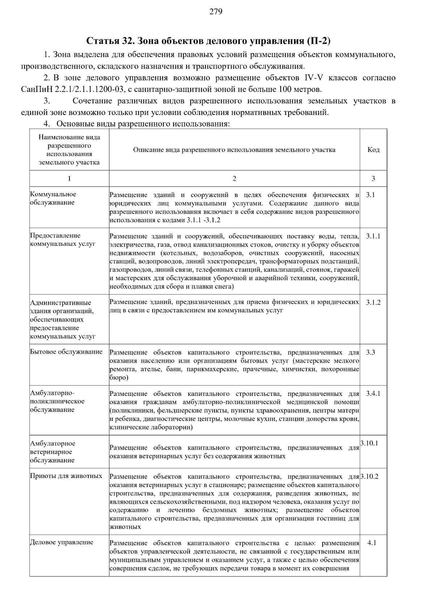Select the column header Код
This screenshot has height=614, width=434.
pyautogui.click(x=373, y=150)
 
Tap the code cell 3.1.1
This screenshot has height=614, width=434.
pyautogui.click(x=373, y=236)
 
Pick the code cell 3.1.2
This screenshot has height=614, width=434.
pyautogui.click(x=373, y=302)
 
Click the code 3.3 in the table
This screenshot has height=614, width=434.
pyautogui.click(x=370, y=352)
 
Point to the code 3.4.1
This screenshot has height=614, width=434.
pyautogui.click(x=373, y=393)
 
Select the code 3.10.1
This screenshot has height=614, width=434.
pyautogui.click(x=369, y=443)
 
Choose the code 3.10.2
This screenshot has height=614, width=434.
pyautogui.click(x=369, y=476)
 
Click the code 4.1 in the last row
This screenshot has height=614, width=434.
pyautogui.click(x=372, y=543)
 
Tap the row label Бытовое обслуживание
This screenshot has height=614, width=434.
pyautogui.click(x=66, y=352)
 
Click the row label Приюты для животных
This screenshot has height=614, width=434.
pyautogui.click(x=66, y=476)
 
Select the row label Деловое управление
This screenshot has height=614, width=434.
pyautogui.click(x=61, y=542)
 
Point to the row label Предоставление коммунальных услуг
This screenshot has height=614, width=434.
pyautogui.click(x=63, y=240)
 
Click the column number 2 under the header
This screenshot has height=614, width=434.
pyautogui.click(x=234, y=178)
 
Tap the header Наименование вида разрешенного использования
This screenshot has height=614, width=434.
pyautogui.click(x=69, y=150)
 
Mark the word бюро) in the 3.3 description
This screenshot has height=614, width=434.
pyautogui.click(x=119, y=378)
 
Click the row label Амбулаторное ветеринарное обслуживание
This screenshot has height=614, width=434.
pyautogui.click(x=53, y=452)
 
